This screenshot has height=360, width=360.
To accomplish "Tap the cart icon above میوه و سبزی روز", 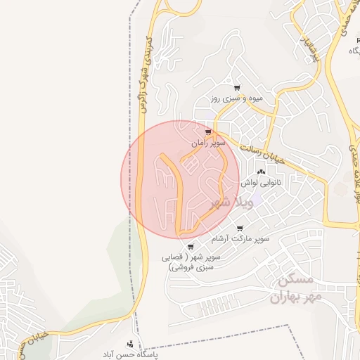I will (x=237, y=88).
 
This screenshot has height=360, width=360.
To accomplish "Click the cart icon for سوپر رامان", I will (x=207, y=131).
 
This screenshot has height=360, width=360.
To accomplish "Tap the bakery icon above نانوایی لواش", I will (x=262, y=171).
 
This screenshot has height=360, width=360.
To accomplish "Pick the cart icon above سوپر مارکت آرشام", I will (x=240, y=229).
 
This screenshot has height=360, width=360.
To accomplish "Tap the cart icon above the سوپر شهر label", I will (x=190, y=246).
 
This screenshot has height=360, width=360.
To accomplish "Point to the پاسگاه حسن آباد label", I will (x=129, y=354).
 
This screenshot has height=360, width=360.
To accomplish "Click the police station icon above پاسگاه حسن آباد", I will (x=129, y=343).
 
